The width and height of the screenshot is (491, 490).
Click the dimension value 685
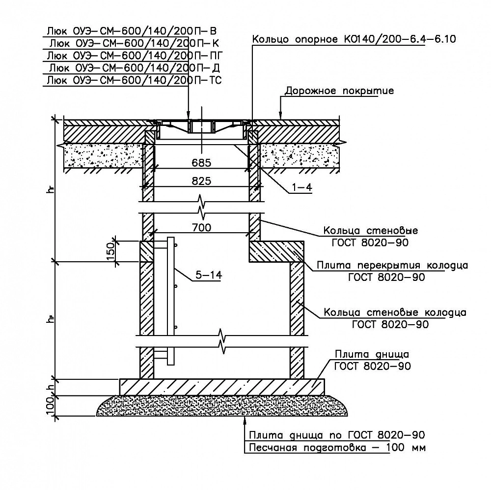201,163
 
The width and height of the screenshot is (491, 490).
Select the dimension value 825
201,181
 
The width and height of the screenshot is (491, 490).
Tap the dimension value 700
202,227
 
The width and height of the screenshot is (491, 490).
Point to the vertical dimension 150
111,251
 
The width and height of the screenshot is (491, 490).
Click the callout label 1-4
302,187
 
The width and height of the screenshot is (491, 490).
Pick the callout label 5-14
209,275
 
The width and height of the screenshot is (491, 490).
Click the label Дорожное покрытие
339,91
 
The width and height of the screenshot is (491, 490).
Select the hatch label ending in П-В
132,31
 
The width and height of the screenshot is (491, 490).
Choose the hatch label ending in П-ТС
134,80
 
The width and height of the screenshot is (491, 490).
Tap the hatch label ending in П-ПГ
135,56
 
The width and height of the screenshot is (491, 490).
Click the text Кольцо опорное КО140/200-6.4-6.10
354,39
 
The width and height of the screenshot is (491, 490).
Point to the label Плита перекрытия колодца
392,265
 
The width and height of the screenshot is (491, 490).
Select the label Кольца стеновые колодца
395,313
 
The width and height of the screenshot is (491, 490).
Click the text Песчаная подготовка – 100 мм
337,448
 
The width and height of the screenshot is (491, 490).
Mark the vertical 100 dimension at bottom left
51,406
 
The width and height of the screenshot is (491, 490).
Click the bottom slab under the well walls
222,387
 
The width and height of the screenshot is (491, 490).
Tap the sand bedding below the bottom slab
222,405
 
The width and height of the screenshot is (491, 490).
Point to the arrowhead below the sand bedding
244,420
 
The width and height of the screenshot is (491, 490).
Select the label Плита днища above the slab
372,355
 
